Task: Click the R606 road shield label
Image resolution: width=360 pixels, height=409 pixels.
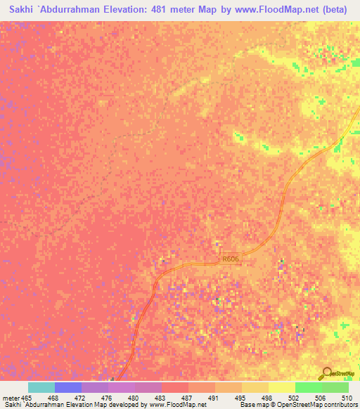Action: [x=231, y=259]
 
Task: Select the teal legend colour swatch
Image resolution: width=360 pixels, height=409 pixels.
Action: [x=41, y=387]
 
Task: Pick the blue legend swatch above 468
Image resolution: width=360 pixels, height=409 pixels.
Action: [x=68, y=387]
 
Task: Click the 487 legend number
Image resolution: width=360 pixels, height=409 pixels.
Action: [x=186, y=398]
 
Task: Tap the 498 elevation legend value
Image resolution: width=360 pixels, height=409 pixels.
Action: [x=266, y=398]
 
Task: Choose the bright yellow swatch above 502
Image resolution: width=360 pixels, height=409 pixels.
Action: [x=282, y=387]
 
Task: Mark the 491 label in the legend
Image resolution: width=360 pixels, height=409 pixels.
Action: [x=213, y=398]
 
